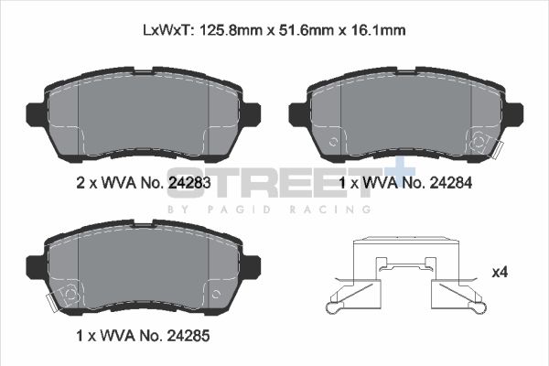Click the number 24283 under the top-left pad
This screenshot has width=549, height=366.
pos(189,183)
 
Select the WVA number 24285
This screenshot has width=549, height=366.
pos(189,335)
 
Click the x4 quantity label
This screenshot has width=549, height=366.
pos(499,272)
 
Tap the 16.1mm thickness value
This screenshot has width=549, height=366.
pos(380,30)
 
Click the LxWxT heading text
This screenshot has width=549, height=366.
pos(167,30)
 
